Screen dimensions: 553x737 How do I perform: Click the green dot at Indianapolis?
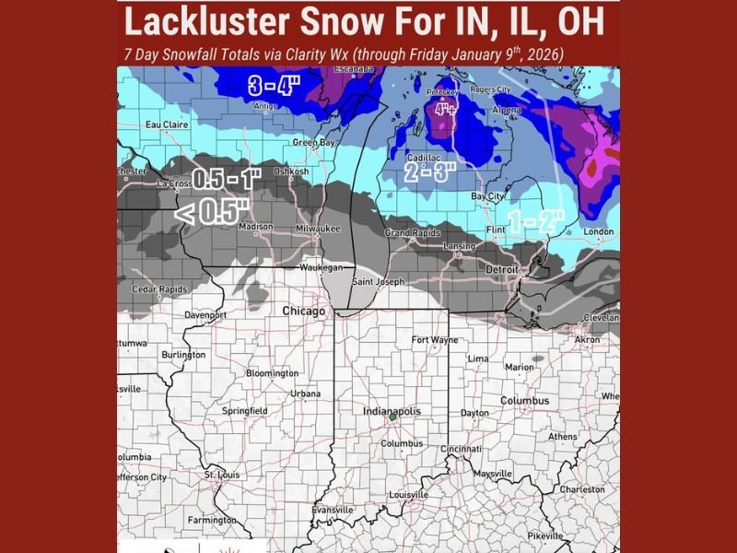tap(392, 418)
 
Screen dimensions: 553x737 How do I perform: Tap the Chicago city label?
tap(303, 312)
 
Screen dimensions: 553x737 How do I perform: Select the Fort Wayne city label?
tap(434, 339)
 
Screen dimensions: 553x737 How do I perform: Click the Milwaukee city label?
tap(319, 228)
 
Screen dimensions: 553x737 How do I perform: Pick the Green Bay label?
tap(312, 143)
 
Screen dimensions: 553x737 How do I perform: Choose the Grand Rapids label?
tap(409, 233)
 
